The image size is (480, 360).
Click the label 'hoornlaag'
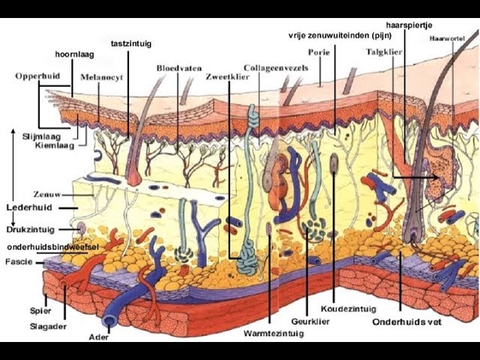(x=75, y=55)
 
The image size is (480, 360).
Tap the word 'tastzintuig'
(x=131, y=43)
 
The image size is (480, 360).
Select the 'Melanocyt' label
(x=102, y=77)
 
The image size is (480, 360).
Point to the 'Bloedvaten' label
(x=179, y=68)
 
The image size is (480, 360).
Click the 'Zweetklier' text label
(x=227, y=76)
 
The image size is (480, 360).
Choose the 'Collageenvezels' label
(x=276, y=68)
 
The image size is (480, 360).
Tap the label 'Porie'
(x=319, y=52)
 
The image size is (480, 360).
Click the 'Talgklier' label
(x=384, y=52)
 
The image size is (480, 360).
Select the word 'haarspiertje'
(x=409, y=25)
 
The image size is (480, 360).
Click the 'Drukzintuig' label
(x=30, y=229)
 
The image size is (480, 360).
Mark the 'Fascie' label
(x=19, y=262)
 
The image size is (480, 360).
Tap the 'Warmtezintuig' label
(x=274, y=333)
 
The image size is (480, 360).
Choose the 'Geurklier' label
(x=310, y=322)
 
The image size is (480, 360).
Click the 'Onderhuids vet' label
(x=406, y=322)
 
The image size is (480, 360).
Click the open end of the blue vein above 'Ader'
(x=109, y=320)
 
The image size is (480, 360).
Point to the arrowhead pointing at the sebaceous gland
(x=436, y=177)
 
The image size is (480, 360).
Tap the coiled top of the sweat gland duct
(x=253, y=118)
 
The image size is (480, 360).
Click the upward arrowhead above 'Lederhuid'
(x=13, y=132)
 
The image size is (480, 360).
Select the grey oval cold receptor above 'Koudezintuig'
(x=334, y=163)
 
